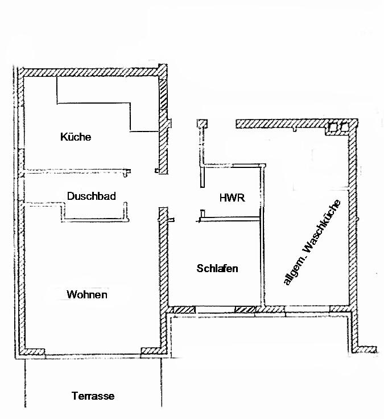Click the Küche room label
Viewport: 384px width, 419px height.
pyautogui.click(x=76, y=137)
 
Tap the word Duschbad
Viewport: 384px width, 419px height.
pyautogui.click(x=92, y=196)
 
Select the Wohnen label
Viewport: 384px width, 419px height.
pyautogui.click(x=87, y=294)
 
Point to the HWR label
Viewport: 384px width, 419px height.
pyautogui.click(x=232, y=198)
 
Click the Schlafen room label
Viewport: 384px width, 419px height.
pyautogui.click(x=217, y=268)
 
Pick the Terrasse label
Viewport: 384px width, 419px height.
pyautogui.click(x=93, y=396)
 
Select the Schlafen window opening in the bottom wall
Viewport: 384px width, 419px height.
pyautogui.click(x=215, y=310)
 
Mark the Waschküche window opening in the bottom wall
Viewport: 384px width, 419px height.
pyautogui.click(x=307, y=310)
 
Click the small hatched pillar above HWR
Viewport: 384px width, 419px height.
pyautogui.click(x=201, y=124)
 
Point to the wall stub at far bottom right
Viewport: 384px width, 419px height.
pyautogui.click(x=370, y=348)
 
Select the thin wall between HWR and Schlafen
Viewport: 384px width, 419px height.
pyautogui.click(x=230, y=217)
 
